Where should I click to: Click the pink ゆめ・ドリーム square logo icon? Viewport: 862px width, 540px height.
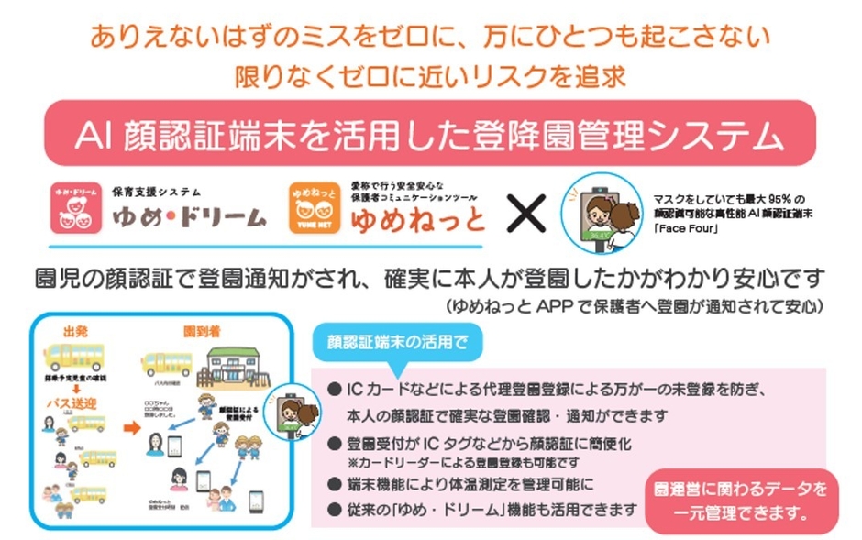[x=74, y=205]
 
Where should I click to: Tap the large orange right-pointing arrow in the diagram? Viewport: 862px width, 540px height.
[x=132, y=428]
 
